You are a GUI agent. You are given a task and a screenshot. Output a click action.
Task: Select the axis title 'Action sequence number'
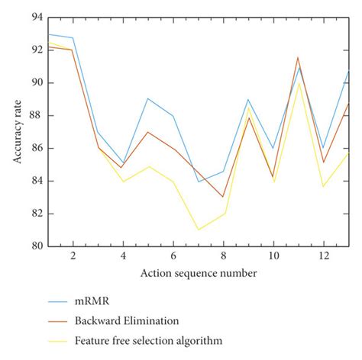pos(198,272)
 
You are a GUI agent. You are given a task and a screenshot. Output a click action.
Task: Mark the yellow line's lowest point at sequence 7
pos(198,230)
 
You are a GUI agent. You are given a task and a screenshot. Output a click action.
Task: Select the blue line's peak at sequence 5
pos(147,98)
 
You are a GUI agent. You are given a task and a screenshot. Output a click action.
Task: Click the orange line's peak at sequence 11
pos(298,57)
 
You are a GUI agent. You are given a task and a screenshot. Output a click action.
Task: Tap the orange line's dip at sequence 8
pos(223,197)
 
